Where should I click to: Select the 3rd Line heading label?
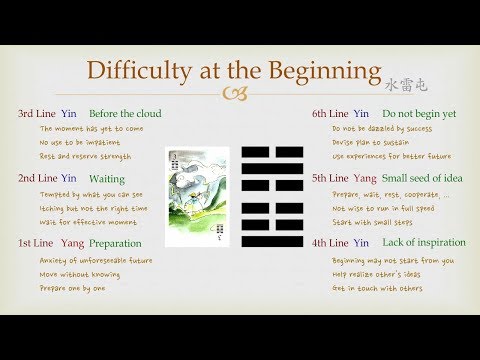37,114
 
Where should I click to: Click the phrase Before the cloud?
125,114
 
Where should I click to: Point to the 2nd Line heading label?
37,177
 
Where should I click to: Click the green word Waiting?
108,177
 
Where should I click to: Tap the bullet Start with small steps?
370,224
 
